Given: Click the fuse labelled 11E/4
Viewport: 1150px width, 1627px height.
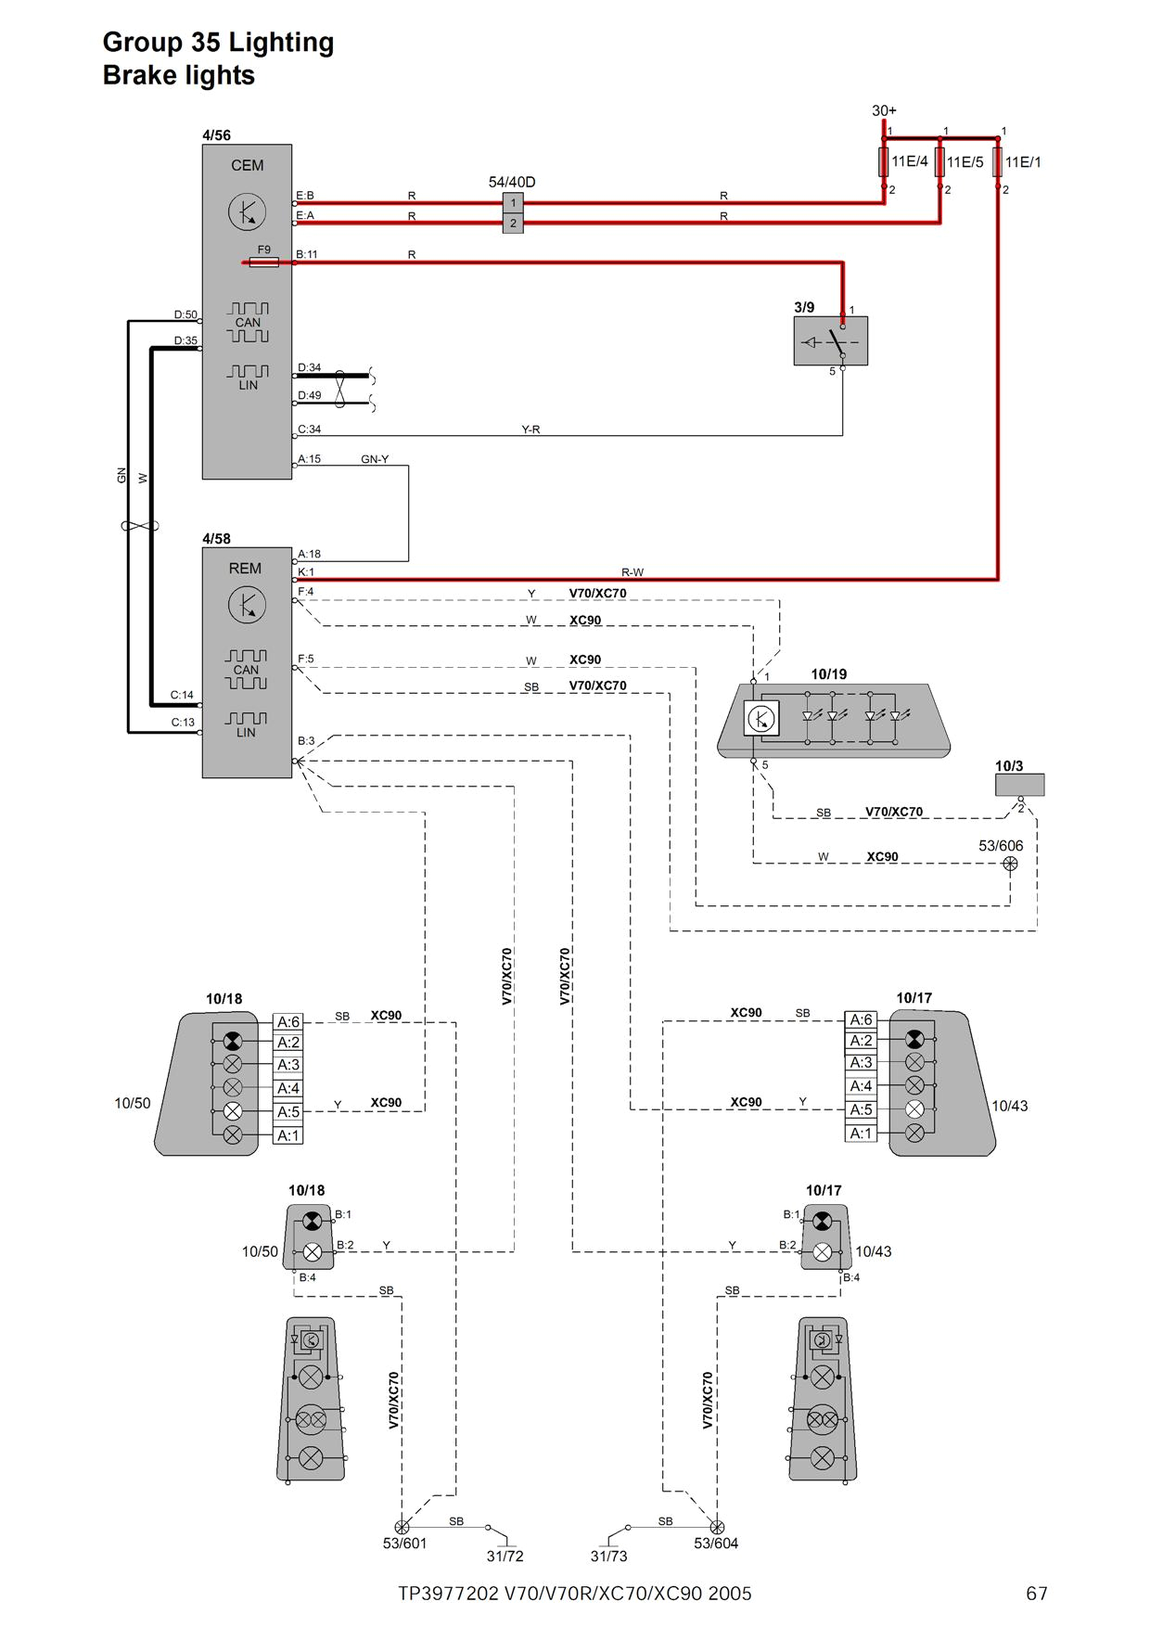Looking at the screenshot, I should pos(884,161).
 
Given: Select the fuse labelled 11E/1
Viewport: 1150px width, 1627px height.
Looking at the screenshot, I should pos(998,161).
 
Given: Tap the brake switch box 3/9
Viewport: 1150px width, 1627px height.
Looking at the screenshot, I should pos(830,340).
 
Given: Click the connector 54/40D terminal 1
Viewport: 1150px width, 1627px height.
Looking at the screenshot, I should pos(513,202).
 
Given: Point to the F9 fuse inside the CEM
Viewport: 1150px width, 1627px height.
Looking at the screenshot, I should pos(264,263).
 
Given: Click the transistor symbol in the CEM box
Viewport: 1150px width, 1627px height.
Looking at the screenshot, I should pos(247,212).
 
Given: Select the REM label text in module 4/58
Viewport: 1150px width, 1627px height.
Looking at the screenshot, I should pos(245,569).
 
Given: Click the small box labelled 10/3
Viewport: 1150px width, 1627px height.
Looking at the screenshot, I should pos(1019,785).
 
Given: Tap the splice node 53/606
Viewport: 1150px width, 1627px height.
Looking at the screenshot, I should pos(1010,864).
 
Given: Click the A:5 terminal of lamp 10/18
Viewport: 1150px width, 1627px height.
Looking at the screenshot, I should pos(288,1111).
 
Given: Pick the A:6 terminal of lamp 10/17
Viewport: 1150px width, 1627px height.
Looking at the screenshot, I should pos(861,1019).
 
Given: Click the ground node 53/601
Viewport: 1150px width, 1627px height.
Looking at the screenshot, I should pos(402,1526).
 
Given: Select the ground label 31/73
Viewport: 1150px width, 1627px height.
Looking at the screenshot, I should pos(608,1557).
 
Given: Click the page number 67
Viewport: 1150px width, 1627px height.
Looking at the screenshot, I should pos(1036,1594).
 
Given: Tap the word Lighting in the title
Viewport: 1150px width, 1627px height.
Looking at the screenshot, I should pos(281,43).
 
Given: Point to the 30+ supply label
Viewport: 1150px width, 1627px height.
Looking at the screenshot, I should pos(884,110).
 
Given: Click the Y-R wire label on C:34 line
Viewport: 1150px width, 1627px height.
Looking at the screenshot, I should pos(530,429).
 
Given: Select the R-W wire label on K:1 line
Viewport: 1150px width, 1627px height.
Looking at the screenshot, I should pos(632,572).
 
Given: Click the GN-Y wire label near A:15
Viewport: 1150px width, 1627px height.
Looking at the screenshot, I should pos(375,459).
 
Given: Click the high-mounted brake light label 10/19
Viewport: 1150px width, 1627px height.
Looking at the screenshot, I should pos(828,674).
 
